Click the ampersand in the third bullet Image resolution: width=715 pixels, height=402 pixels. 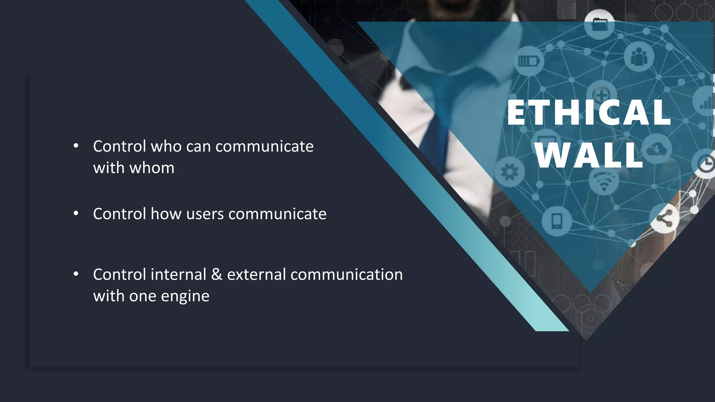(x=216, y=275)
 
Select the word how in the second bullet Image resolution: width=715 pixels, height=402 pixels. (x=166, y=214)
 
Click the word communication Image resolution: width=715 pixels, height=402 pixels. (x=346, y=275)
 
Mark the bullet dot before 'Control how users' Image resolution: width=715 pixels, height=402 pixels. (x=76, y=214)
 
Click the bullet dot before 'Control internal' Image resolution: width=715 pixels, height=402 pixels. (x=76, y=274)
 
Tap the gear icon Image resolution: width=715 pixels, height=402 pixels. (x=509, y=172)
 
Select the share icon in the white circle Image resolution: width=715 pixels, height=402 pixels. (x=664, y=219)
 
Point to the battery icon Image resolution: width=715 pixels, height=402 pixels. (x=529, y=61)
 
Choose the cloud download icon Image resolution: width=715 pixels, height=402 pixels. (x=657, y=149)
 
